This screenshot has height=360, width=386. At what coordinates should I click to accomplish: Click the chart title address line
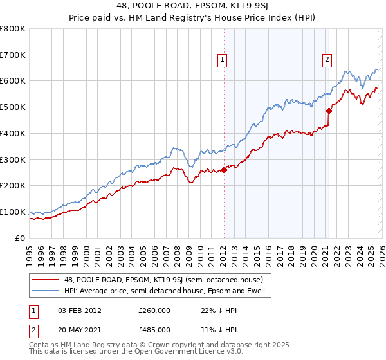tap(193, 7)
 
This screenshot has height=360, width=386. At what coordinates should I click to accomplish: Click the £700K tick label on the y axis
tap(13, 55)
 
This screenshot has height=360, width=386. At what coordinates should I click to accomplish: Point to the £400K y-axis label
tap(13, 133)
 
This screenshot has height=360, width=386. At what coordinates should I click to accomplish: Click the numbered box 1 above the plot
tap(223, 60)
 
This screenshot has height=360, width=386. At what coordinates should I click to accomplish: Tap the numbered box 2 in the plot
tap(327, 60)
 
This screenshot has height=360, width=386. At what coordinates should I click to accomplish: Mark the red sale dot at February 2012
tap(224, 170)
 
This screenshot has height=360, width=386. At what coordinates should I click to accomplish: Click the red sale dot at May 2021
tap(329, 111)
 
